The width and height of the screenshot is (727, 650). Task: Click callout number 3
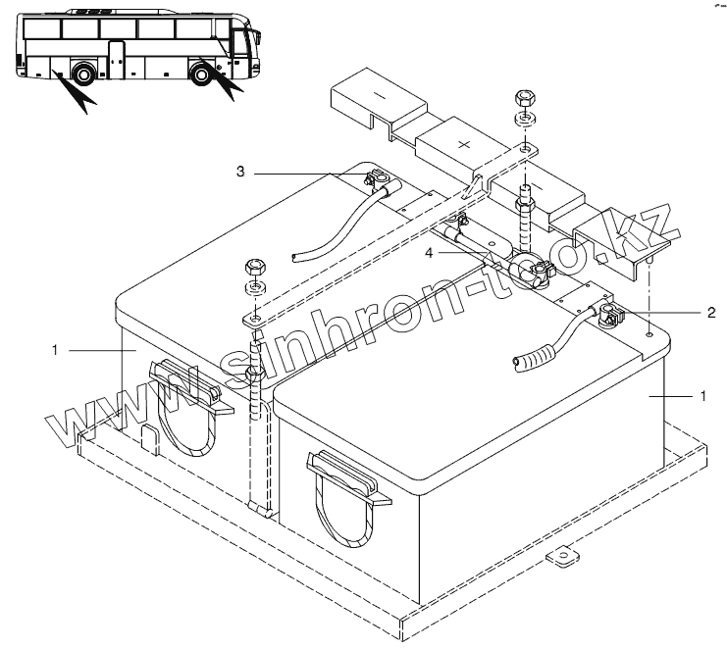240,172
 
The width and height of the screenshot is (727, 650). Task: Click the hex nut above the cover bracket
524,98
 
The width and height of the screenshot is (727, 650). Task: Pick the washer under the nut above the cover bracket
524,118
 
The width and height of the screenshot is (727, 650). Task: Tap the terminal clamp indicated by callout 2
604,315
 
